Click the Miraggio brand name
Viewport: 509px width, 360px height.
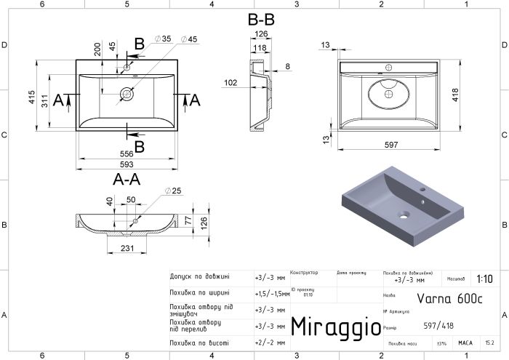point(334,327)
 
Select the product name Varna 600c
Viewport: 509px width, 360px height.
point(444,297)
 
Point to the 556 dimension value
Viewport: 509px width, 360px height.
point(128,155)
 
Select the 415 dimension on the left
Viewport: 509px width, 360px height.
point(32,97)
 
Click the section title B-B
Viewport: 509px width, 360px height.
point(260,21)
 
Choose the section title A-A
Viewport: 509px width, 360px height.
point(127,178)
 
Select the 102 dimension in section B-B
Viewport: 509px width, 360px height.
point(231,83)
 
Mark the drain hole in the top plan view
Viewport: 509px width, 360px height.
point(128,93)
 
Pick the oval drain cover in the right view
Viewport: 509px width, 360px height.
point(389,94)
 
